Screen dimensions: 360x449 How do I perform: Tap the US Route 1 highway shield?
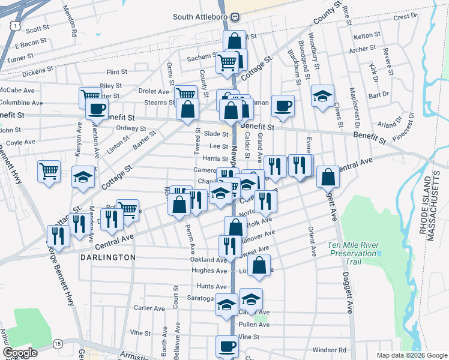tap(14, 24)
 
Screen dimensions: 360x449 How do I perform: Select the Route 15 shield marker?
tap(58, 343)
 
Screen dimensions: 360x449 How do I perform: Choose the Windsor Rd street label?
tap(330, 350)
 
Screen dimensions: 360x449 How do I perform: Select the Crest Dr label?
tap(401, 17)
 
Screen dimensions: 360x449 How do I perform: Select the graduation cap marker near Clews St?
tap(322, 95)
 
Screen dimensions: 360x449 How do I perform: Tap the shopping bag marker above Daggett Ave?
tap(328, 176)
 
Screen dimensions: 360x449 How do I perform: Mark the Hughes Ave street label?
tap(209, 271)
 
